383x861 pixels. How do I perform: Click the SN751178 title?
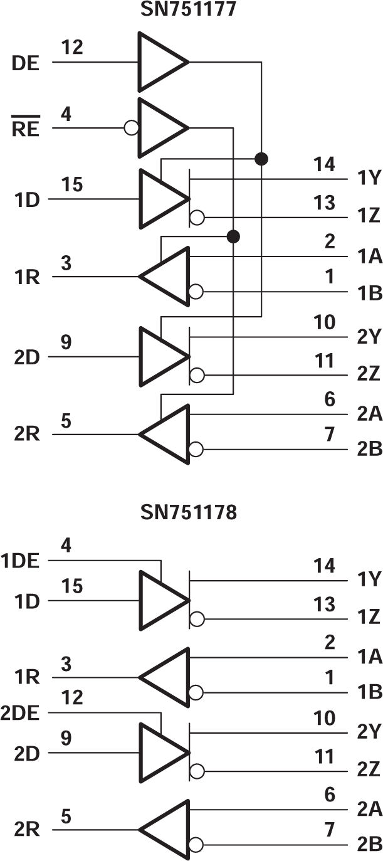[189, 513]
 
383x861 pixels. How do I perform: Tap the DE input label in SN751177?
[26, 63]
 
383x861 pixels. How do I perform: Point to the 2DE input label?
[21, 713]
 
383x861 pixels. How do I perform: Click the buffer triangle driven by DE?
[160, 63]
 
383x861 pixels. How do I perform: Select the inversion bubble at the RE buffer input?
[131, 129]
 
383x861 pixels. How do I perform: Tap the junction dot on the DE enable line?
[261, 158]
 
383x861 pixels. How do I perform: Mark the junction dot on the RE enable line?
[233, 236]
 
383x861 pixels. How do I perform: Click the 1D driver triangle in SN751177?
[160, 199]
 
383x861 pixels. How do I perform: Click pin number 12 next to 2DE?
[73, 697]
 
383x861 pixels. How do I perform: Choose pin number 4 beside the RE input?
[66, 114]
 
